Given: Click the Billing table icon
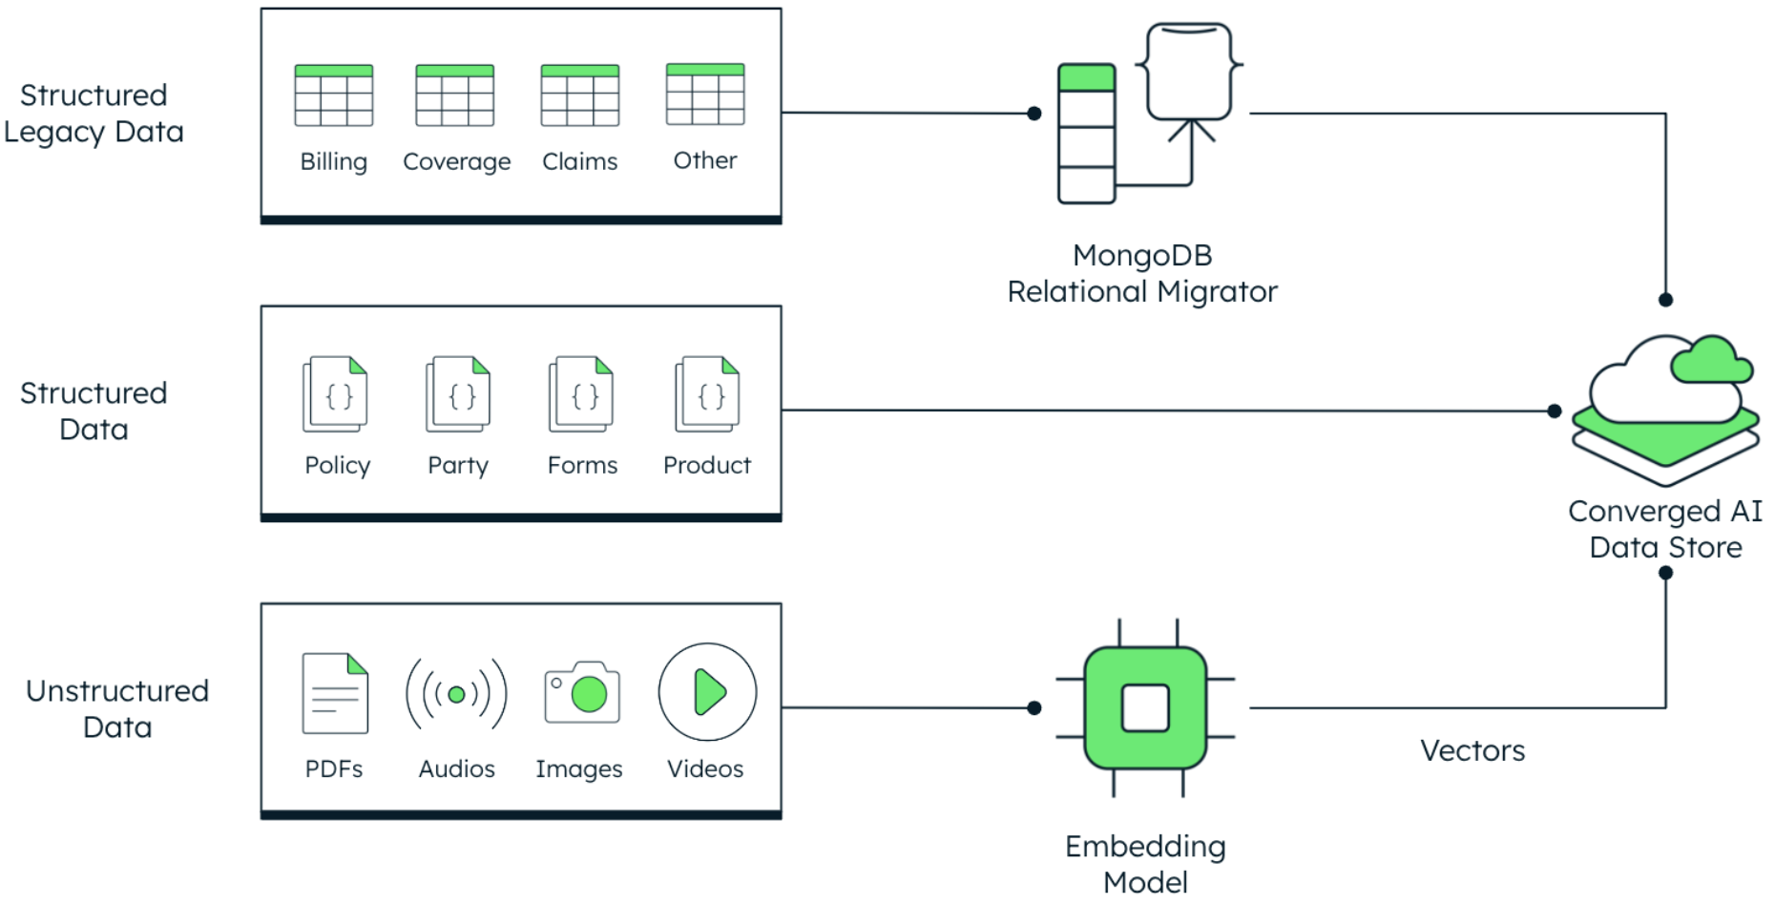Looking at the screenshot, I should [x=333, y=95].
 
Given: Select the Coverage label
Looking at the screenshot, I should [x=456, y=161].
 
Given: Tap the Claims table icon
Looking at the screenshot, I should [x=579, y=95].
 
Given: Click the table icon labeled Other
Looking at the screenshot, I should [x=705, y=95].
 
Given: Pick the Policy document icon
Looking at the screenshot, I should [x=335, y=393].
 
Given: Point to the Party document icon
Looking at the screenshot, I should [x=458, y=393].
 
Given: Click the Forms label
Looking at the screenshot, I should [x=582, y=465].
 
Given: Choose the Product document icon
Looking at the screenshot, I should [x=707, y=393].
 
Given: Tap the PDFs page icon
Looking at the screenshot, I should [x=335, y=693].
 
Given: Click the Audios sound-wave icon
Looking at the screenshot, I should [x=456, y=694].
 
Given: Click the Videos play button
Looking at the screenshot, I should [x=707, y=692].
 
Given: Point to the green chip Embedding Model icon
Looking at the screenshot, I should [x=1145, y=707].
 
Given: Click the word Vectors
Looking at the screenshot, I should [x=1472, y=750].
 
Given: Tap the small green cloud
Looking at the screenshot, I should [x=1711, y=361].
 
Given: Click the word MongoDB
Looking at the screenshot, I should [x=1141, y=255].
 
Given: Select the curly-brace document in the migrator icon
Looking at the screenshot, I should [x=1189, y=73].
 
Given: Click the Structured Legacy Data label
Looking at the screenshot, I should [x=94, y=114].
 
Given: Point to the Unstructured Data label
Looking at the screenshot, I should [x=116, y=708].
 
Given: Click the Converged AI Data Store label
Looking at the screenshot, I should [x=1665, y=529].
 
